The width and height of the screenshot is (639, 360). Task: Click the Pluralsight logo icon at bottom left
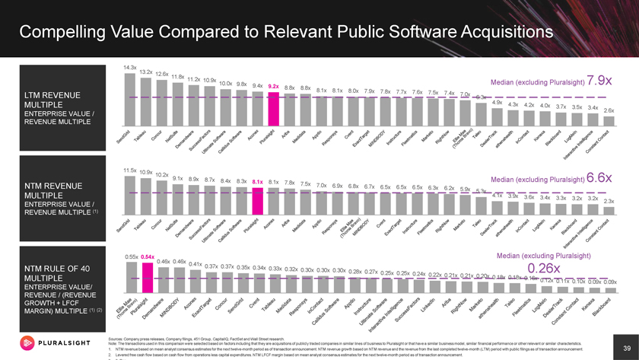[x=24, y=340]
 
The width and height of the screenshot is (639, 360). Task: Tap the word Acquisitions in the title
[x=459, y=33]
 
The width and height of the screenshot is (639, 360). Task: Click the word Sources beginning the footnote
[x=120, y=337]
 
